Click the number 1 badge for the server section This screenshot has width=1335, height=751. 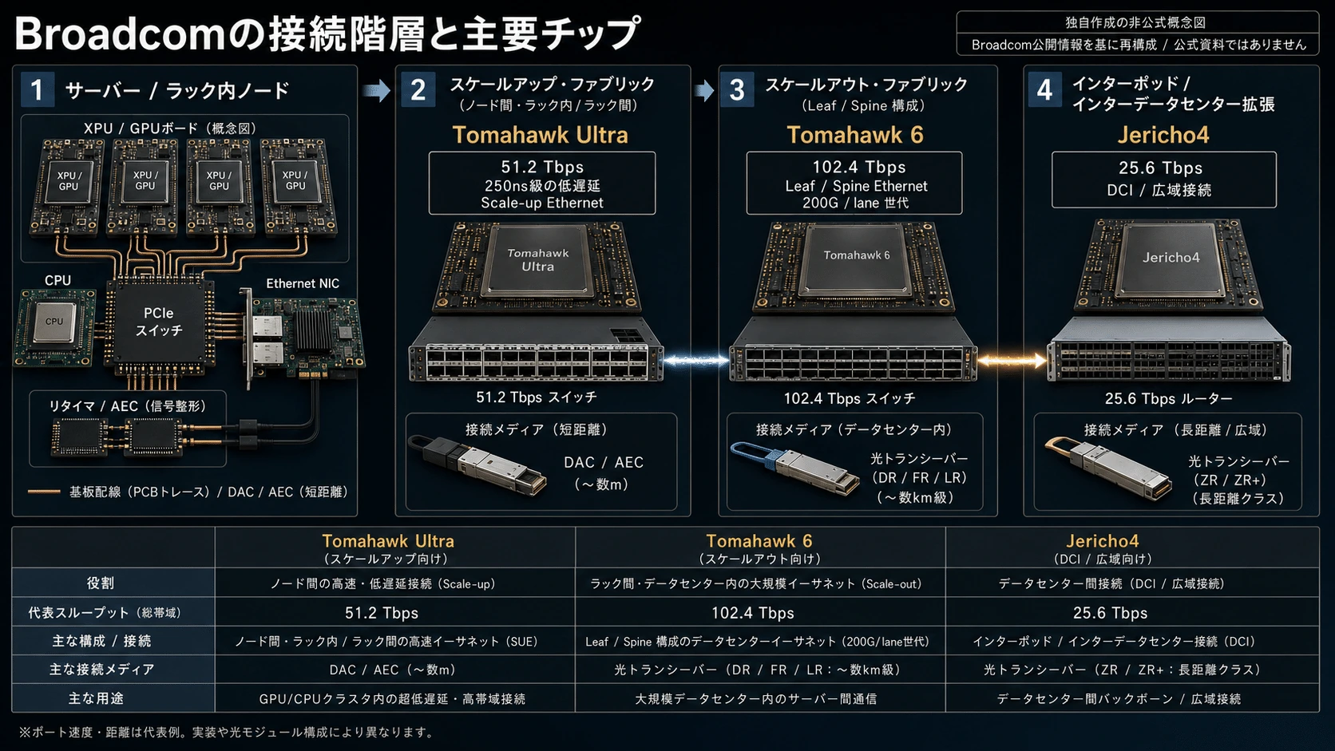pos(38,89)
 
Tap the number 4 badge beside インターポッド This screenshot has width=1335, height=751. pos(1044,89)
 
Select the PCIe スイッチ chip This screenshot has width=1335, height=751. pos(159,322)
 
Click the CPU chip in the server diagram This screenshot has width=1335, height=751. pos(54,322)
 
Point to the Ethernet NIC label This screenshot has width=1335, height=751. pos(303,283)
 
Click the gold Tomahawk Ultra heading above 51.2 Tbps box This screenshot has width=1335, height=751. pos(540,135)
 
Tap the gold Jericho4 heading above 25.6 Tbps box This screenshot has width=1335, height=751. pos(1163,135)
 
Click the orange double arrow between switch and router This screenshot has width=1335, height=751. pos(1012,360)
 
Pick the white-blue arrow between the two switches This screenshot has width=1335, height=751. pos(696,360)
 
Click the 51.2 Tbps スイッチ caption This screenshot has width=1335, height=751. pos(537,397)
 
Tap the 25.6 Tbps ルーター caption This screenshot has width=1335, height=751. pos(1168,398)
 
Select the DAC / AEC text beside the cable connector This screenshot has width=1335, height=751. pos(604,462)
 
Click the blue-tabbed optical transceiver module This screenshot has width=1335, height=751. pos(794,468)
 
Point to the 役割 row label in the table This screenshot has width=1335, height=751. pos(100,583)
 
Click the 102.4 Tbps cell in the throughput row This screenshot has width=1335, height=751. pos(753,613)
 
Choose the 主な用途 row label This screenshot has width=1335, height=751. pos(96,698)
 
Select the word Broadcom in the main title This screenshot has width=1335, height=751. pos(120,34)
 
